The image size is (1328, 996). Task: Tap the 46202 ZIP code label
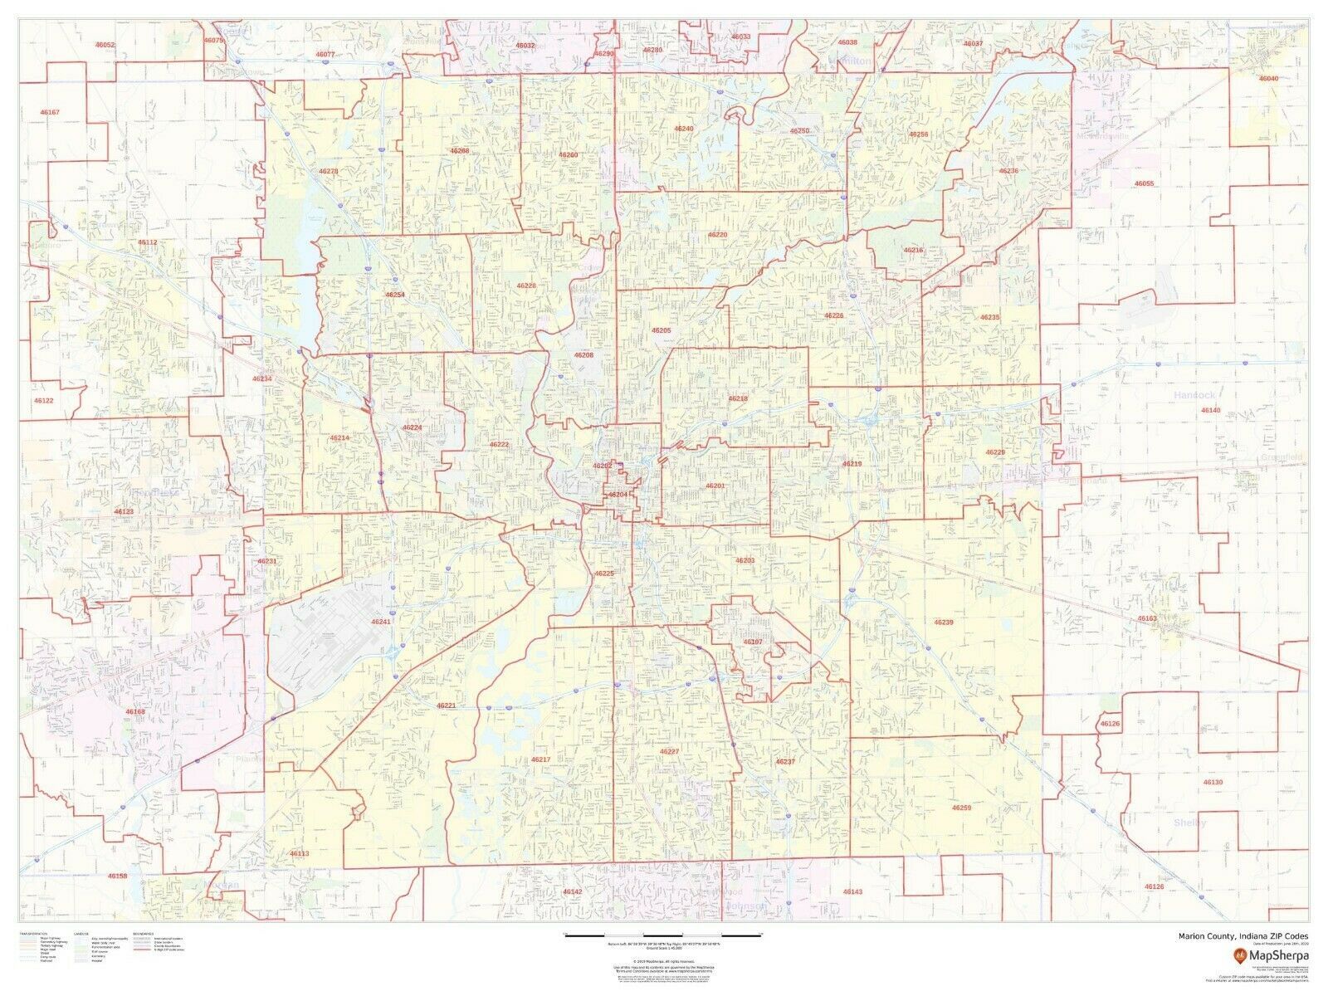602,466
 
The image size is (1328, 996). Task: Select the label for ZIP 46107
753,642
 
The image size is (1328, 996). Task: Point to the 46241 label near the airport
381,622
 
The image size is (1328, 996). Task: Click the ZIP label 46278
329,172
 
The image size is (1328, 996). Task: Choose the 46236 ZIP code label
1008,171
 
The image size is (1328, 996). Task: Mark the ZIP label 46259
961,808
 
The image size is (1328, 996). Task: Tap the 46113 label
300,853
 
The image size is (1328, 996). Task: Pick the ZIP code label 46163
1147,618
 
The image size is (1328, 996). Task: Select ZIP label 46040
1268,78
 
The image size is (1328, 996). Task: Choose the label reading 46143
852,891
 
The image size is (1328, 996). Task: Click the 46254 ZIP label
395,294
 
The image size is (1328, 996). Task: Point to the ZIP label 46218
738,398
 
